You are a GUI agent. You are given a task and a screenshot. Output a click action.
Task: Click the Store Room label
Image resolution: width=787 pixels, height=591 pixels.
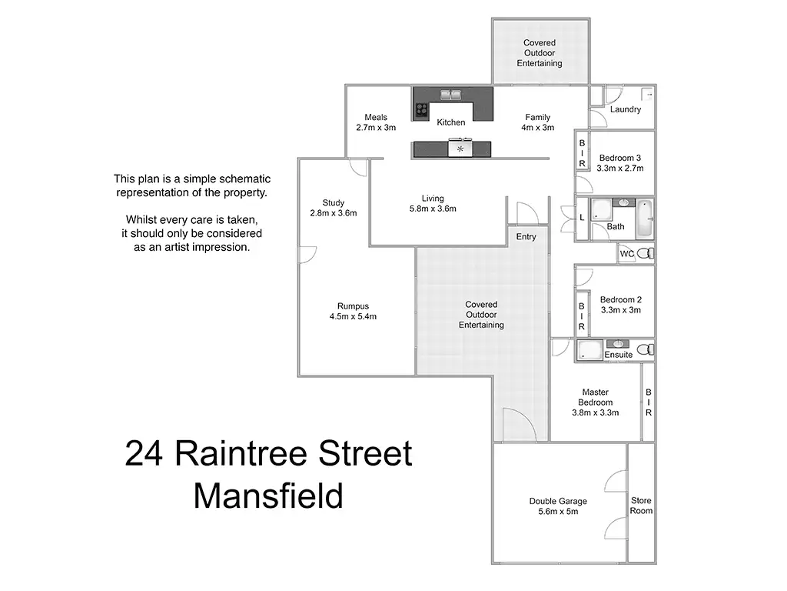pyautogui.click(x=641, y=506)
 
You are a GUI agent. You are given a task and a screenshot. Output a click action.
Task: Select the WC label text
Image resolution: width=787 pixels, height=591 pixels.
pyautogui.click(x=627, y=253)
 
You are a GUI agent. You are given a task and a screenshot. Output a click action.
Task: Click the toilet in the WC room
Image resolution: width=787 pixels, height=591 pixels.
pyautogui.click(x=647, y=253)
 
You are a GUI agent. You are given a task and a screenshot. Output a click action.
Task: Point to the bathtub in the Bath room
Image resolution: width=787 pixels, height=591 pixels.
pyautogui.click(x=644, y=218)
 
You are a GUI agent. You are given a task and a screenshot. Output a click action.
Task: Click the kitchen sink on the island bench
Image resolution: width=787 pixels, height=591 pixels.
pyautogui.click(x=460, y=147)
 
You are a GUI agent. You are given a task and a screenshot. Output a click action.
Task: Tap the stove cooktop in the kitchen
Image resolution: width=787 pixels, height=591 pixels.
pyautogui.click(x=421, y=109)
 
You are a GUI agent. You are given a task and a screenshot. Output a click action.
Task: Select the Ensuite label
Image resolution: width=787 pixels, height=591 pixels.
pyautogui.click(x=619, y=355)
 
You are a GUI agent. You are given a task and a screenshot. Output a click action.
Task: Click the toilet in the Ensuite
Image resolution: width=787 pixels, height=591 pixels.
pyautogui.click(x=646, y=350)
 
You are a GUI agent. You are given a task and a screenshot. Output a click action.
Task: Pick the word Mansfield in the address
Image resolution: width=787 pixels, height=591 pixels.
pyautogui.click(x=268, y=496)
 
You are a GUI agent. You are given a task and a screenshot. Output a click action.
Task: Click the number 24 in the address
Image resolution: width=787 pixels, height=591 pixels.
pyautogui.click(x=145, y=454)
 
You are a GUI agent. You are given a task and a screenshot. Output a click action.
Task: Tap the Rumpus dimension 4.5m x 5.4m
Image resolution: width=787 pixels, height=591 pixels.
pyautogui.click(x=353, y=316)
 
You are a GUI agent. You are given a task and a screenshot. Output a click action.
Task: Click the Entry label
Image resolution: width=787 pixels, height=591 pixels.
pyautogui.click(x=526, y=236)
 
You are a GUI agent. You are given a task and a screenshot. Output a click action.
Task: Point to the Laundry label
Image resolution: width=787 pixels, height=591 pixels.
pyautogui.click(x=626, y=109)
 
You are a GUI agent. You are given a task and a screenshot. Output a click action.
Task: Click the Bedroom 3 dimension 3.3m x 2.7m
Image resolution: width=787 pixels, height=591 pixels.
pyautogui.click(x=619, y=168)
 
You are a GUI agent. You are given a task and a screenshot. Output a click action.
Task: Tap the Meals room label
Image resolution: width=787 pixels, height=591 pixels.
pyautogui.click(x=376, y=118)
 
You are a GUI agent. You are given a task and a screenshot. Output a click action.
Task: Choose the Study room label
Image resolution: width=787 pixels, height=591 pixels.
pyautogui.click(x=333, y=203)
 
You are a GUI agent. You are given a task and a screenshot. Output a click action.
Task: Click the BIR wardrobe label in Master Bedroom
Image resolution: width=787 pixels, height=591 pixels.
pyautogui.click(x=649, y=402)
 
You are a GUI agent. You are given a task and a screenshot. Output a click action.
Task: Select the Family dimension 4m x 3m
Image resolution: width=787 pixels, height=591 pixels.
pyautogui.click(x=537, y=128)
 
